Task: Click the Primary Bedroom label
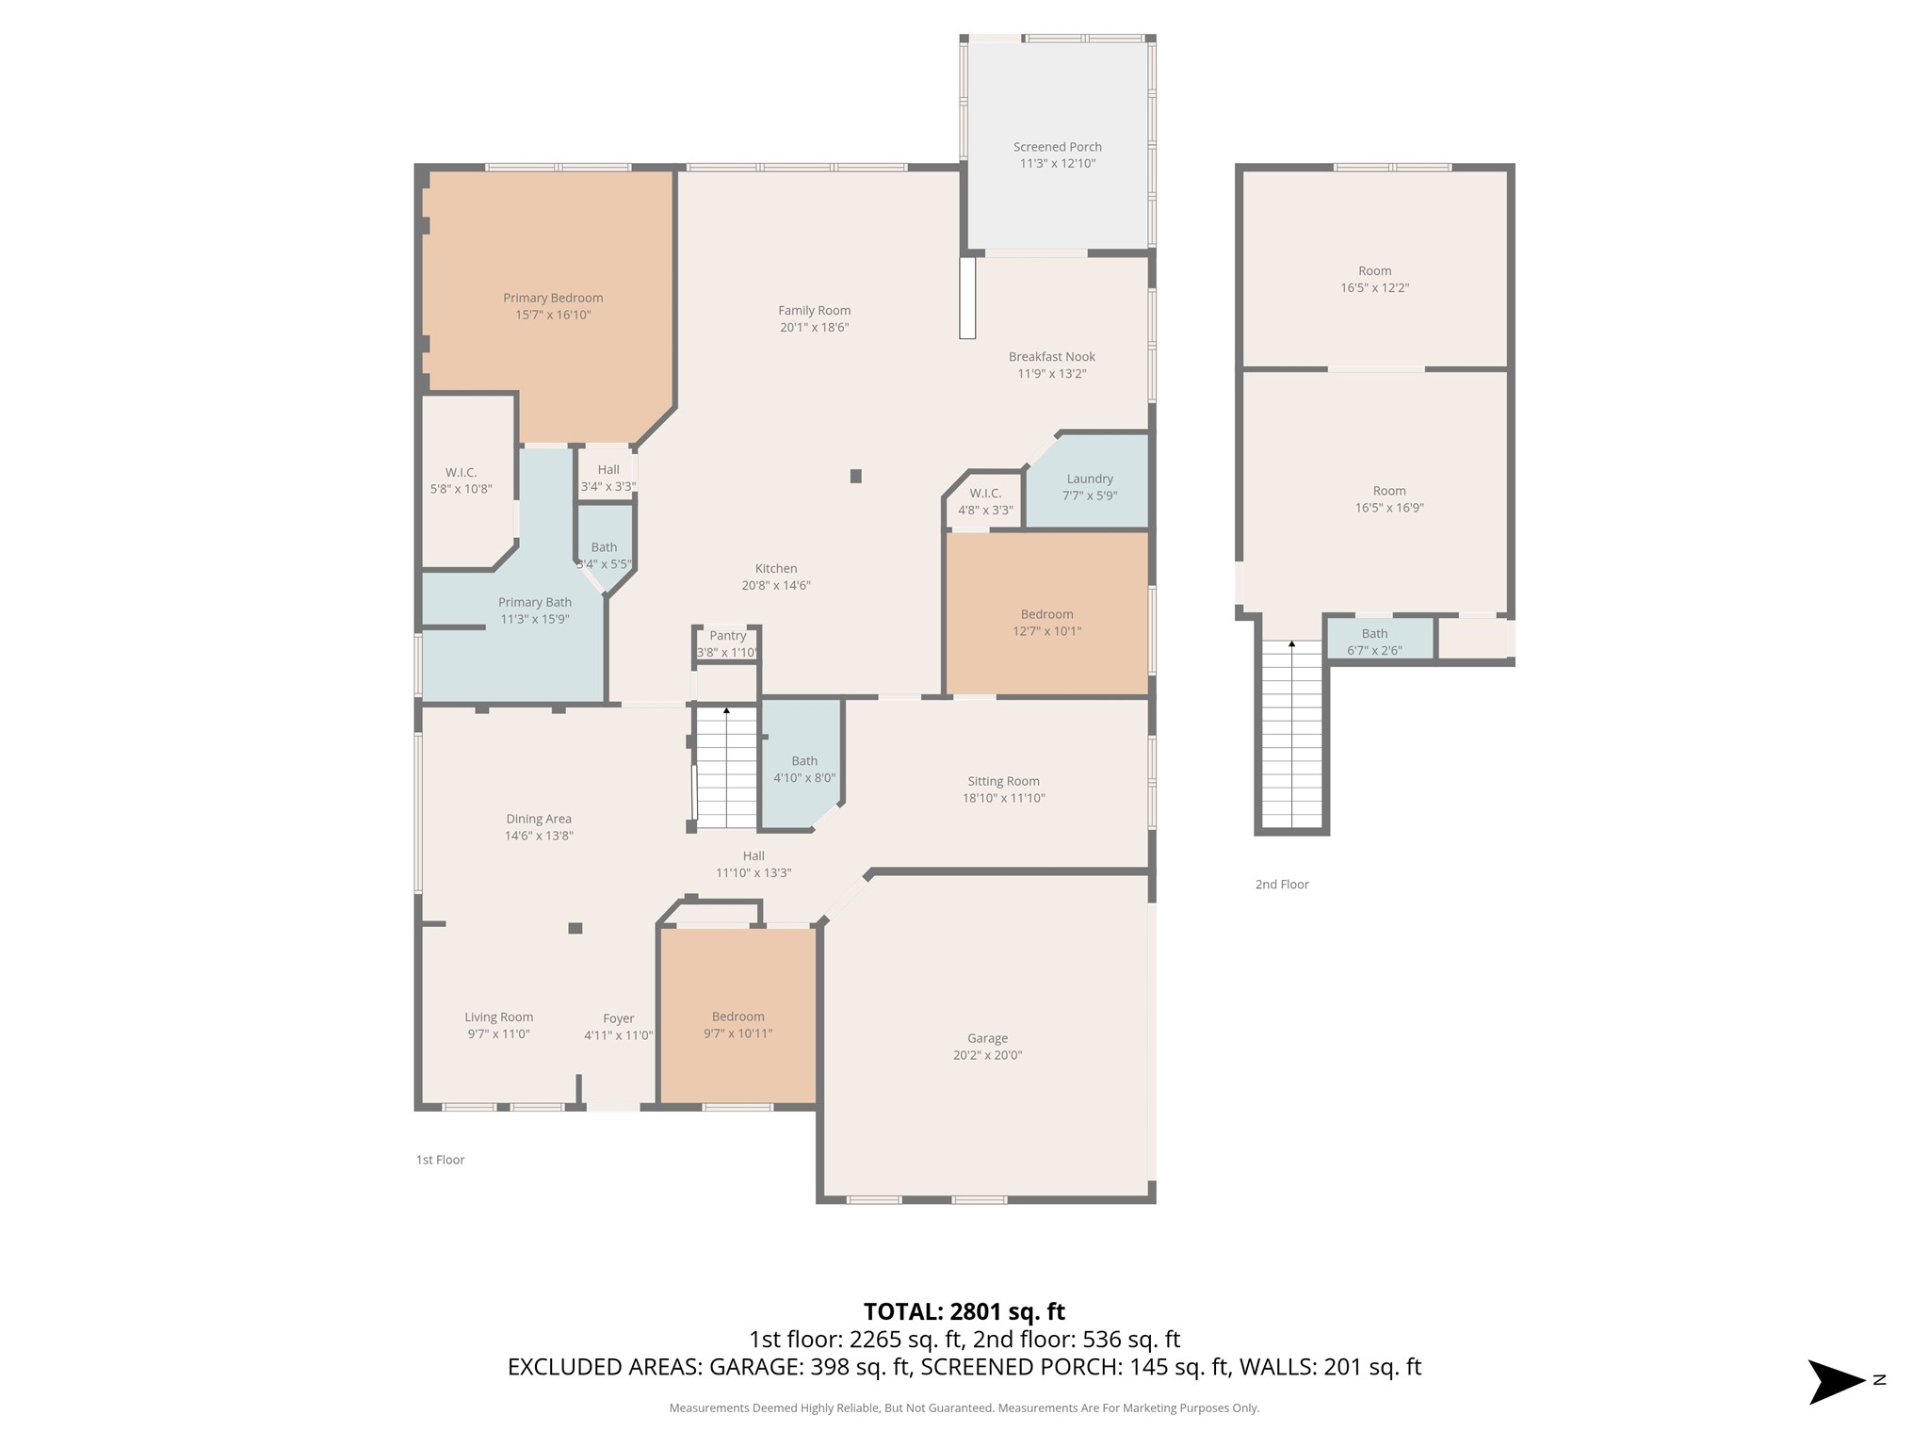point(553,299)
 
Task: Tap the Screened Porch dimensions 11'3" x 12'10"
point(1058,164)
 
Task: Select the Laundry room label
point(1090,480)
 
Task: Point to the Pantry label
point(728,636)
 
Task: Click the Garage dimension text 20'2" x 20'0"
point(987,1055)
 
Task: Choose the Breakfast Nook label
point(1052,357)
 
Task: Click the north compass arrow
point(1837,1382)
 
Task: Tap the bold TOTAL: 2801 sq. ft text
point(964,1311)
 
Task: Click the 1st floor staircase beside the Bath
point(726,768)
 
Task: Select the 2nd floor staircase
point(1291,735)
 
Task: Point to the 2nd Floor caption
point(1282,885)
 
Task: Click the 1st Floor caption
point(441,1160)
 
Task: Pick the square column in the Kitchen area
point(856,477)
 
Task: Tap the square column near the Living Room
point(575,928)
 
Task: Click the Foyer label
point(619,1018)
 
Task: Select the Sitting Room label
point(1004,781)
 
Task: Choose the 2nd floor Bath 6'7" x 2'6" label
point(1375,642)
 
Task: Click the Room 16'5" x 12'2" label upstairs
point(1375,280)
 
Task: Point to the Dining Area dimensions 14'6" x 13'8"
point(539,836)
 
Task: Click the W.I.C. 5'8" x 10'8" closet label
point(462,480)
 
